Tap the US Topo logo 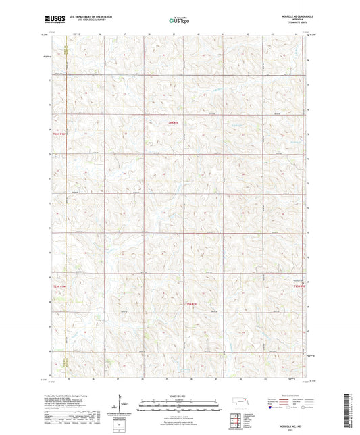click(x=180, y=21)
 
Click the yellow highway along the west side click(x=66, y=203)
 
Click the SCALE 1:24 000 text click(x=180, y=396)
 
